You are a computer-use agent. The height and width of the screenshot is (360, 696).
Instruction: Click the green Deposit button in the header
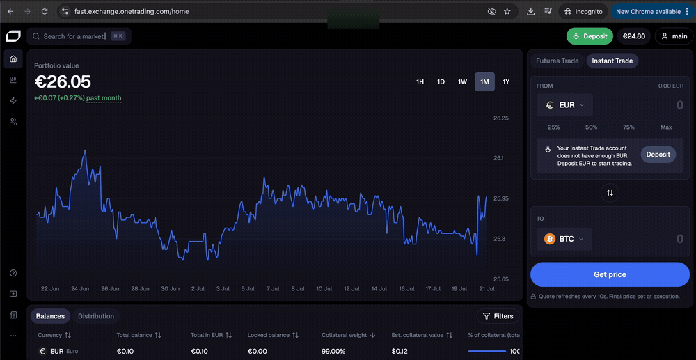pyautogui.click(x=590, y=36)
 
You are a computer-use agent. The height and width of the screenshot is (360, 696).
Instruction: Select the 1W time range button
pyautogui.click(x=463, y=81)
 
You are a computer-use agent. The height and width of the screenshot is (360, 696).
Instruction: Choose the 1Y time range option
pyautogui.click(x=506, y=81)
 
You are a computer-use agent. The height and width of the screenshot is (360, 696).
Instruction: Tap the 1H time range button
pyautogui.click(x=420, y=81)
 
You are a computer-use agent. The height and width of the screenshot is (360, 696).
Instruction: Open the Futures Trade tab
pyautogui.click(x=557, y=61)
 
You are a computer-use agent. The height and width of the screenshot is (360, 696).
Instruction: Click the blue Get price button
pyautogui.click(x=610, y=274)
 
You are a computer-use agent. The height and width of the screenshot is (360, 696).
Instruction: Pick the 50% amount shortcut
pyautogui.click(x=591, y=127)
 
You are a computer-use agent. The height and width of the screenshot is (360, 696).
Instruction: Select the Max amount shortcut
pyautogui.click(x=666, y=127)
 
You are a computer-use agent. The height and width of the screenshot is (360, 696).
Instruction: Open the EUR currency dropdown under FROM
pyautogui.click(x=564, y=105)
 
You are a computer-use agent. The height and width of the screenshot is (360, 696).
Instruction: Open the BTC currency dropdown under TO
pyautogui.click(x=564, y=240)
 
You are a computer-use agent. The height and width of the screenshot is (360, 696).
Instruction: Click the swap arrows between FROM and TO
pyautogui.click(x=610, y=193)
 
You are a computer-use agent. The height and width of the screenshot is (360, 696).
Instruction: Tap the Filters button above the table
pyautogui.click(x=498, y=316)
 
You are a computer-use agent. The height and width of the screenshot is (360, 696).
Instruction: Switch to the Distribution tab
pyautogui.click(x=96, y=316)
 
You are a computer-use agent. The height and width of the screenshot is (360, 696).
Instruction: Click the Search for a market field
pyautogui.click(x=79, y=36)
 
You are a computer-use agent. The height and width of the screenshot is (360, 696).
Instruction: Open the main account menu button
pyautogui.click(x=674, y=36)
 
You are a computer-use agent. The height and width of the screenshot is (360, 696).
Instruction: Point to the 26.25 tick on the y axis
pyautogui.click(x=500, y=118)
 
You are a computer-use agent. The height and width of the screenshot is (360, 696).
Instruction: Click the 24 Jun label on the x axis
pyautogui.click(x=80, y=288)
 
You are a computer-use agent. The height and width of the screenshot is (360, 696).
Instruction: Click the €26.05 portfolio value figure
pyautogui.click(x=63, y=81)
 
